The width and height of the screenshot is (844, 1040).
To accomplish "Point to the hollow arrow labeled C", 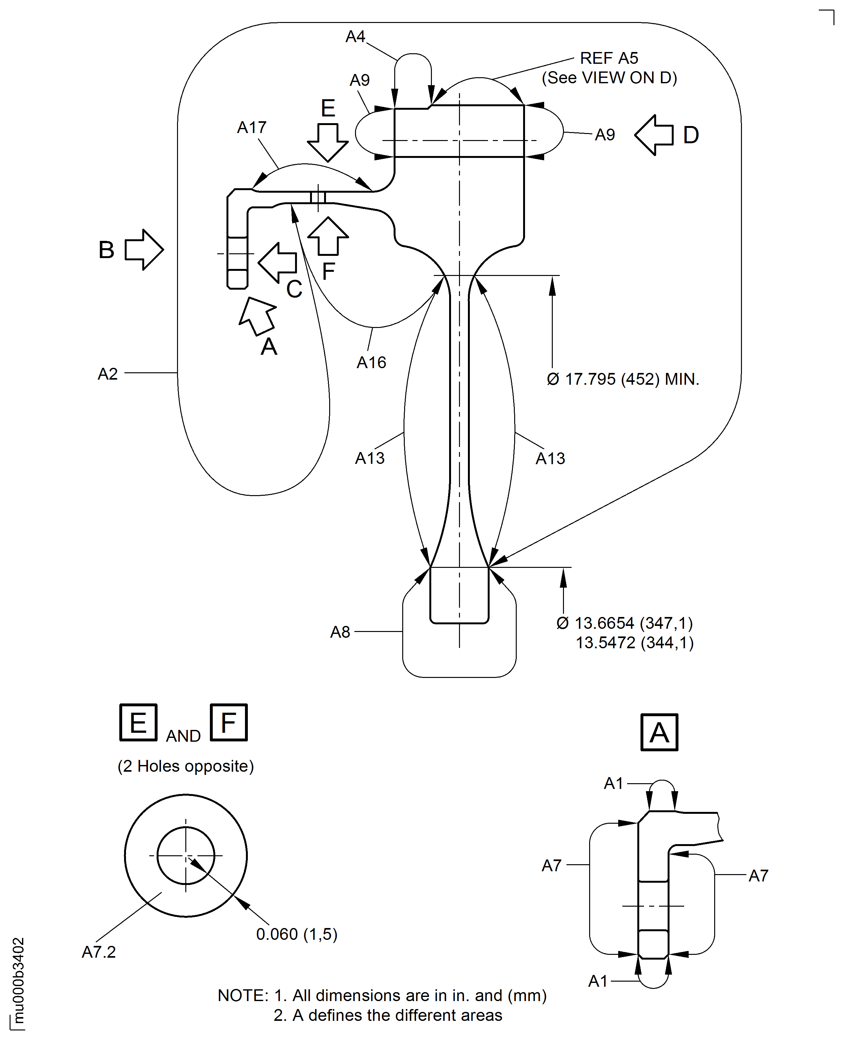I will (x=277, y=263).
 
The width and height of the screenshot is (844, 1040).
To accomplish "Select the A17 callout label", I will (x=252, y=127).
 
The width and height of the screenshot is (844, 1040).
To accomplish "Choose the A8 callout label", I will (x=340, y=632).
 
